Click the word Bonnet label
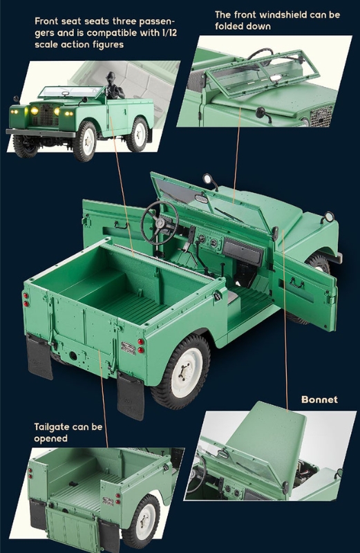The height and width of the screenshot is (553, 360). [x=319, y=400]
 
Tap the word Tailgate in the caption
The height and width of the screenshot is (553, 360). [x=52, y=427]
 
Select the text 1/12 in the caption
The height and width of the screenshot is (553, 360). [x=169, y=32]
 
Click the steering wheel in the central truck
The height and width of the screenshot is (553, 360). [x=160, y=223]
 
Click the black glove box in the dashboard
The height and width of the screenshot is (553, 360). [x=243, y=252]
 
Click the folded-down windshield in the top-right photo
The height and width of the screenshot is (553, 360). [x=263, y=75]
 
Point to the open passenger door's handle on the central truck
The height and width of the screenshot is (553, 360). [x=296, y=283]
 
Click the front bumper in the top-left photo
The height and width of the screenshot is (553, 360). [x=41, y=133]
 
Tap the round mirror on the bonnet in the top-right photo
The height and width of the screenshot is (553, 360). [x=260, y=113]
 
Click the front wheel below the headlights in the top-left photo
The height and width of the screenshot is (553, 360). [x=84, y=140]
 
